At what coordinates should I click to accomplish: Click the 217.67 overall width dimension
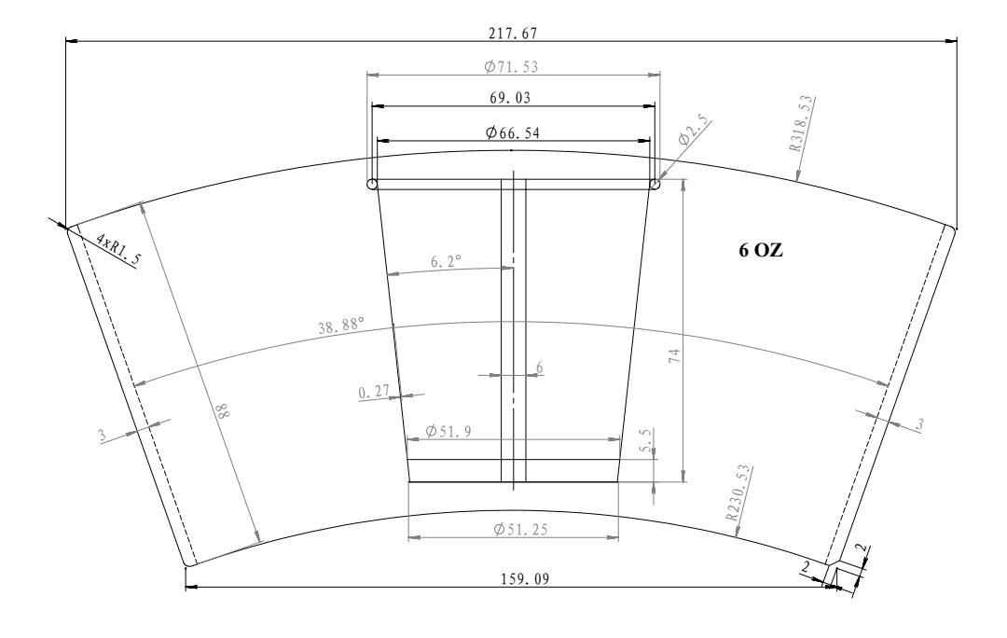click(512, 33)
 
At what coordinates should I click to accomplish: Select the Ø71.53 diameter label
click(511, 66)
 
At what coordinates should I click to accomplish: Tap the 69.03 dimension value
click(510, 98)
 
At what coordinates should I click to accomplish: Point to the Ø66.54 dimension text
click(513, 132)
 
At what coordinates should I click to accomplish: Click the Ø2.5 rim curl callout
click(694, 131)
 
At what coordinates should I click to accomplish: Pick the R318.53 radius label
click(802, 123)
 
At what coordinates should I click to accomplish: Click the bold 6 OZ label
click(761, 251)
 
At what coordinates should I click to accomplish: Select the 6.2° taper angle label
click(446, 261)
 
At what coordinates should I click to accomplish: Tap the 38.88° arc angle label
click(341, 326)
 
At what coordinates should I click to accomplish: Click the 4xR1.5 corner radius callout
click(117, 249)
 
